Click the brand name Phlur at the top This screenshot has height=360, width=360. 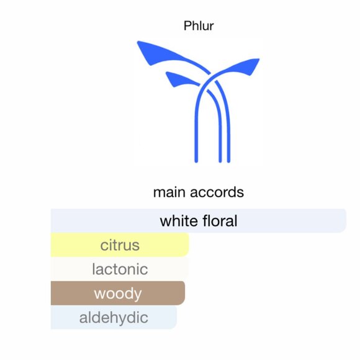[199, 26]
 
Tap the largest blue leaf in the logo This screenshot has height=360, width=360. [154, 52]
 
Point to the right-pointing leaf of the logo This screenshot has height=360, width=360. [245, 65]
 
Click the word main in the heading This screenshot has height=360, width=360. [168, 192]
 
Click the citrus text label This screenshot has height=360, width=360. [120, 245]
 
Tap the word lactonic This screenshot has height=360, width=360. [120, 269]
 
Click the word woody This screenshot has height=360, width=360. [118, 294]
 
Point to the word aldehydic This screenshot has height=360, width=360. [114, 318]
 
